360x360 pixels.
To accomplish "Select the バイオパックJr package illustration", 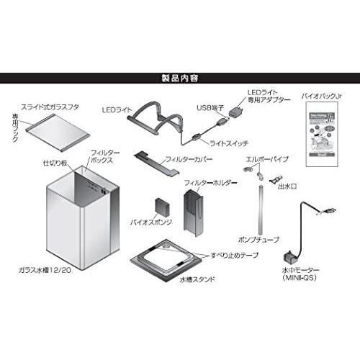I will [317, 134].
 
